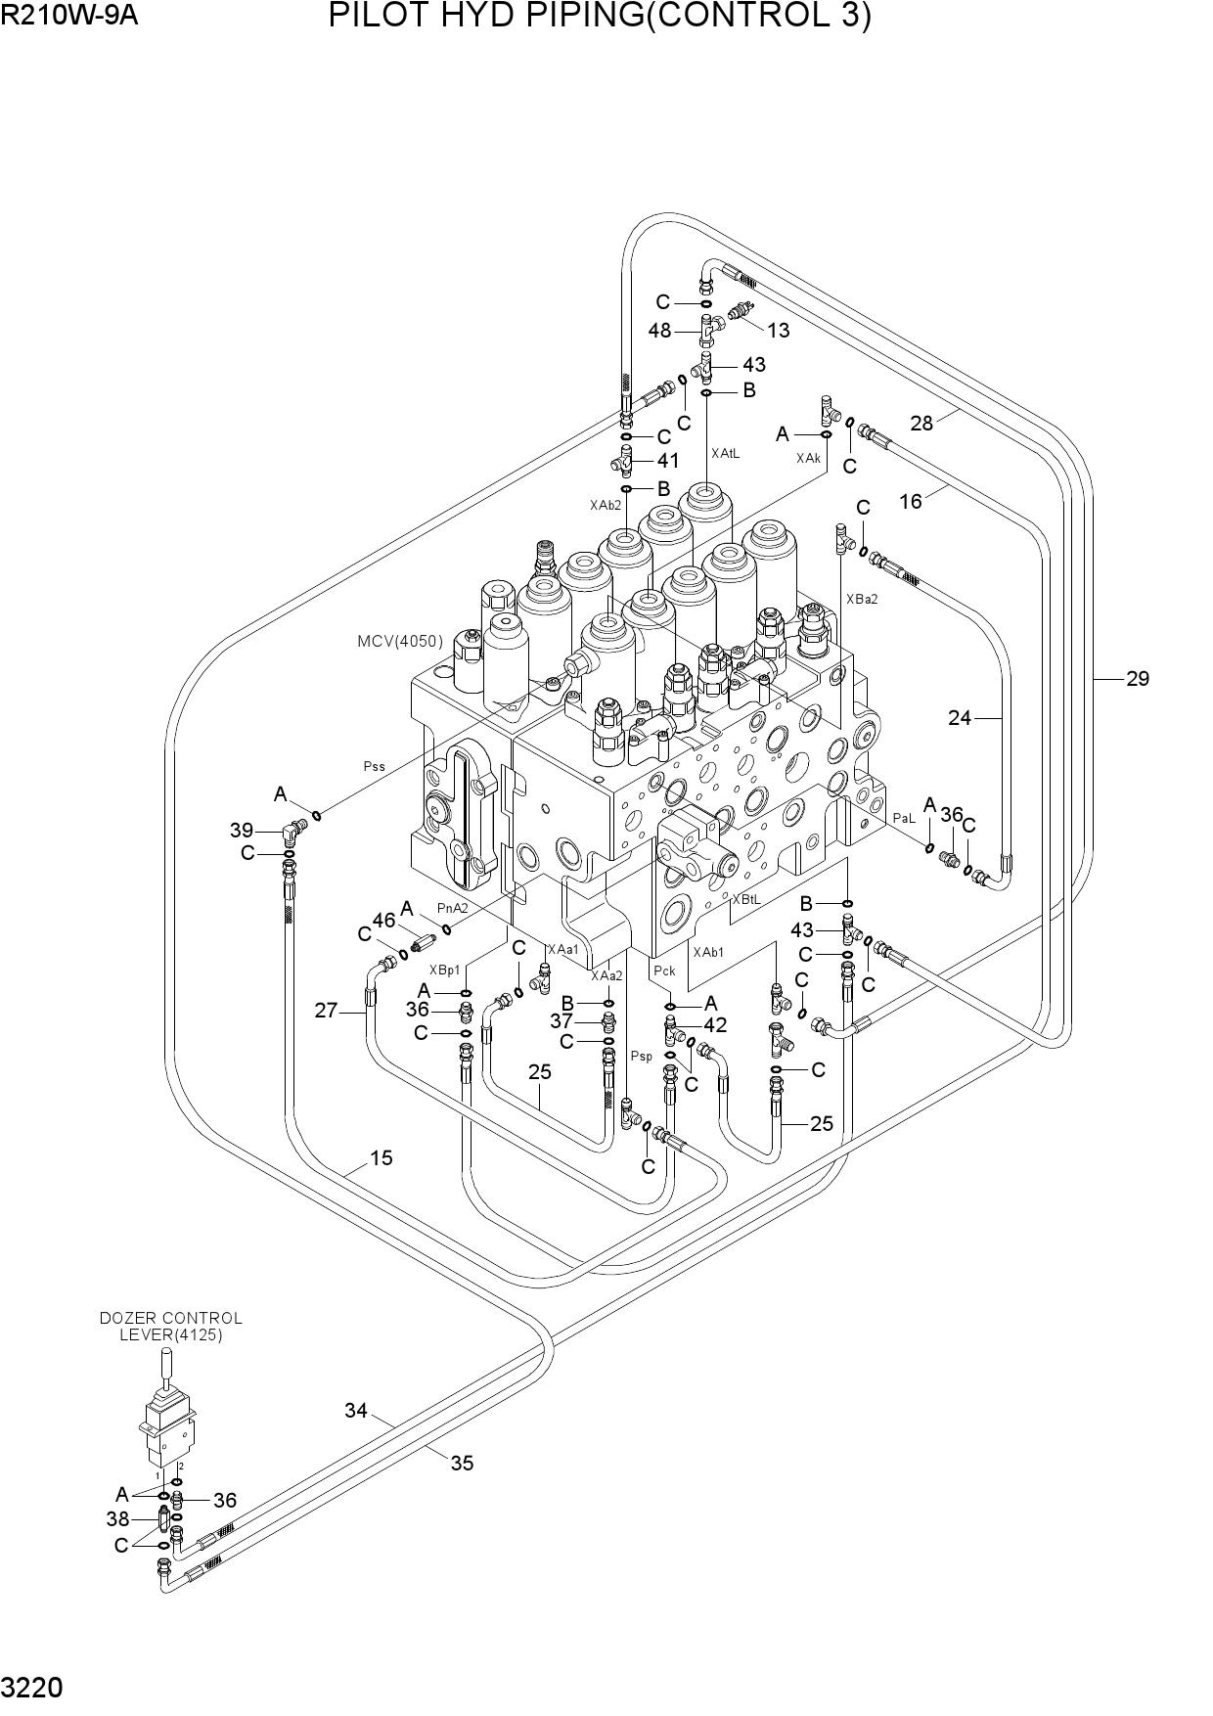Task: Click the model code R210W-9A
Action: [69, 17]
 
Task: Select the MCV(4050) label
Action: [400, 642]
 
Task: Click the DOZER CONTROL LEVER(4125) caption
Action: [171, 1327]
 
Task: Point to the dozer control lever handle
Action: [166, 1366]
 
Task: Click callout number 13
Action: [778, 331]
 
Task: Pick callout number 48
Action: [659, 331]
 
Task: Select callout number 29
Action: [1137, 678]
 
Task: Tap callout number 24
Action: [959, 718]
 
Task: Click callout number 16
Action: [911, 502]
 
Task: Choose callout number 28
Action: [921, 423]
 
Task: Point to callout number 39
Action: [242, 831]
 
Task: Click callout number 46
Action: [383, 920]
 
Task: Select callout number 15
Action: [381, 1158]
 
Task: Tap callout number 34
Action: [355, 1411]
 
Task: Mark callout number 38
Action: [117, 1519]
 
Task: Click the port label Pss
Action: [375, 767]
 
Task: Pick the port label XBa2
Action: [862, 599]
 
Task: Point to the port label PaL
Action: [903, 818]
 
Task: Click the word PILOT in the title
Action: [377, 17]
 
